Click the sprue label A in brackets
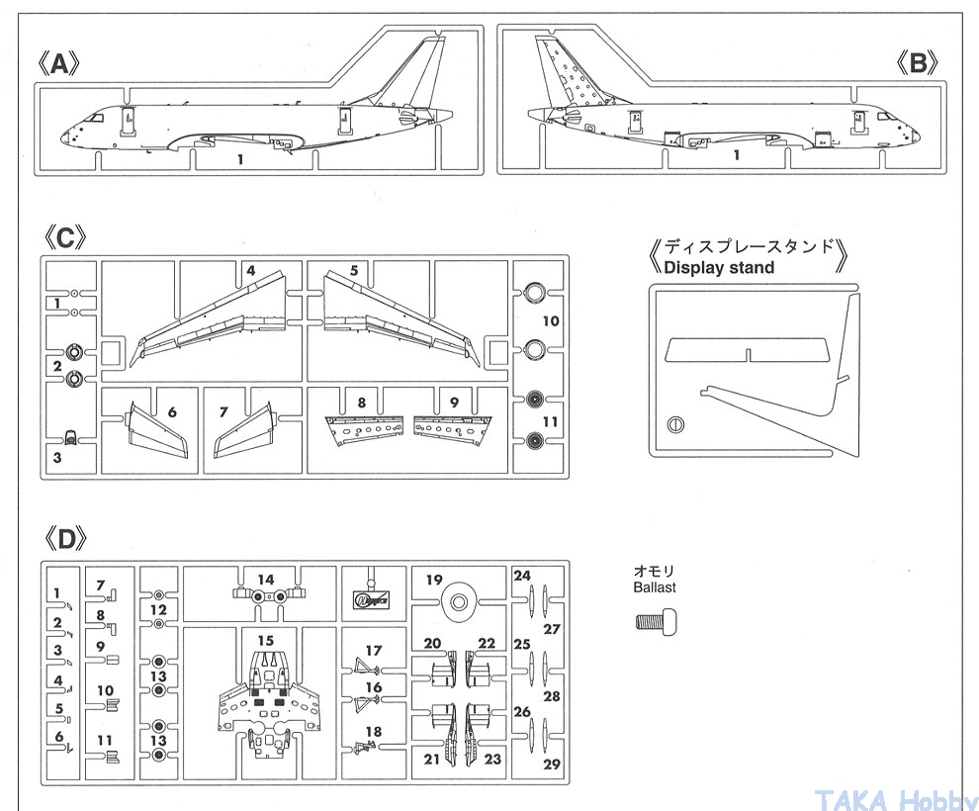pos(58,64)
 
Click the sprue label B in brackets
pos(918,64)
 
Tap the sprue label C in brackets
pos(64,237)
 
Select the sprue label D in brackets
pos(64,539)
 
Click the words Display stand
pos(719,267)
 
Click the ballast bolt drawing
pos(655,622)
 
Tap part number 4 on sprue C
pos(252,270)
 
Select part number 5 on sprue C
pos(353,270)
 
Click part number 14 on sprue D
pos(265,580)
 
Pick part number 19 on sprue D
pos(434,581)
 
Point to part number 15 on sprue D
pos(265,641)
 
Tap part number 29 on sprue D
pos(552,764)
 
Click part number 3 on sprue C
pos(57,458)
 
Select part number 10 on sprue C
pos(551,320)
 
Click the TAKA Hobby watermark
pos(898,797)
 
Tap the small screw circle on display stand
pos(675,426)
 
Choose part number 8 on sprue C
pos(362,403)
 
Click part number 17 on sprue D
pos(373,651)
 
